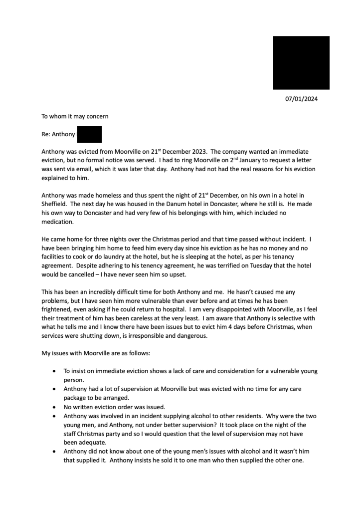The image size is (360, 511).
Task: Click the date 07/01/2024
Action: (301, 99)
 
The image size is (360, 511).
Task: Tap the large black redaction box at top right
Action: (301, 63)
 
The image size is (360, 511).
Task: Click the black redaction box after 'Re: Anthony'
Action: (89, 134)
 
